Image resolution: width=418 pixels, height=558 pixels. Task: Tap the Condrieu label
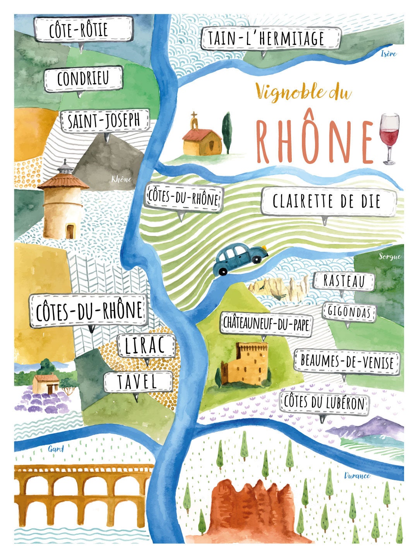tap(83, 79)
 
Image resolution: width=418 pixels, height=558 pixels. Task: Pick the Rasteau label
tap(344, 281)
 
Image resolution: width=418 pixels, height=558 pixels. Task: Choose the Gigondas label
tap(349, 312)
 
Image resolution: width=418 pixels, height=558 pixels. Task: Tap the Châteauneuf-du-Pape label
tap(266, 324)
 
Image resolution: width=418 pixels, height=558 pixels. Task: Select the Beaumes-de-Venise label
tap(347, 362)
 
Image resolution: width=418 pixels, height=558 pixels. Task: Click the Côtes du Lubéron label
tap(324, 403)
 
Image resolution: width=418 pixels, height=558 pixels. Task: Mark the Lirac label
tap(146, 346)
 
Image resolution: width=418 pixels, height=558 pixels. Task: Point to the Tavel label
tap(138, 382)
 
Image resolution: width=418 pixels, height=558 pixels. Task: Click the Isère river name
tap(388, 54)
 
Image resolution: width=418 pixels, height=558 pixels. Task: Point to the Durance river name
tap(357, 476)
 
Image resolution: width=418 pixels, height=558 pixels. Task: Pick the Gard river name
tap(56, 449)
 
